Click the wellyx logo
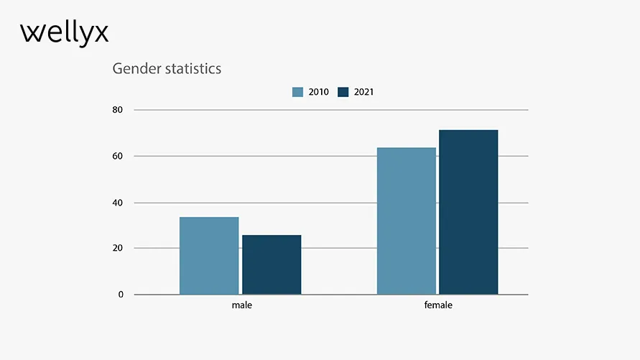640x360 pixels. (x=65, y=33)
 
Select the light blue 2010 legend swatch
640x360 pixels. (x=297, y=92)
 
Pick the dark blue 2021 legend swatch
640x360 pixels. (x=343, y=92)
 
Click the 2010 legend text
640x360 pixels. (x=318, y=92)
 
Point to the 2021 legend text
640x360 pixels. (x=363, y=92)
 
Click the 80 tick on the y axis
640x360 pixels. (x=117, y=110)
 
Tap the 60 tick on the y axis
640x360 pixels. (x=117, y=156)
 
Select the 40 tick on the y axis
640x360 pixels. (x=117, y=203)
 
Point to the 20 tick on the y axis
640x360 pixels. (x=117, y=249)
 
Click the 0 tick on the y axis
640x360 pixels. (x=120, y=295)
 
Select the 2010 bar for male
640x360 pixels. (x=209, y=256)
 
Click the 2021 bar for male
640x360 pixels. (x=272, y=264)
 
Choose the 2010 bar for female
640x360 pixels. (x=407, y=221)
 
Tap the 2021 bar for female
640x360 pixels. (x=468, y=212)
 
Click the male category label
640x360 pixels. (x=242, y=305)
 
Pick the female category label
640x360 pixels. (x=438, y=305)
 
